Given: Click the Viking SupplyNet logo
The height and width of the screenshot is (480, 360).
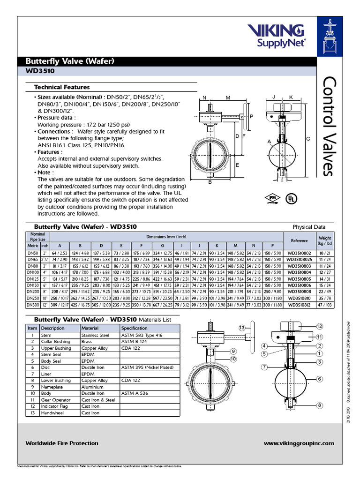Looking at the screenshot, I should [283, 36].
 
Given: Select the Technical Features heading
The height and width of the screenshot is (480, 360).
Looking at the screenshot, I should [62, 87].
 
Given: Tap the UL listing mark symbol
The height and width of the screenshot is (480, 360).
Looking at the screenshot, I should [292, 199].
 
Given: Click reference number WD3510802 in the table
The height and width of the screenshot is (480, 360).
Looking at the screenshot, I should [299, 254].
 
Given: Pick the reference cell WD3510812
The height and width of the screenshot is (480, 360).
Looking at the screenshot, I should [299, 305].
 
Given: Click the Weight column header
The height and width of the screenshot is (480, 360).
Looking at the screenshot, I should [325, 240].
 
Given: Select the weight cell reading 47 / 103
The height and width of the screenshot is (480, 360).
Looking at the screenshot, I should [325, 305].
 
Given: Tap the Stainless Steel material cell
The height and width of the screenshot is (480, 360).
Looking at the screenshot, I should [95, 335].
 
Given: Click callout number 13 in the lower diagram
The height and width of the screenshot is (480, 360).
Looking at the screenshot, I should [242, 327].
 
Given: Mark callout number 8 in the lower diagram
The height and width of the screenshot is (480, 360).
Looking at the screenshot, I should [320, 405].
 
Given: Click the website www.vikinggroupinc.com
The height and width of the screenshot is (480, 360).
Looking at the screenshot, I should [299, 443].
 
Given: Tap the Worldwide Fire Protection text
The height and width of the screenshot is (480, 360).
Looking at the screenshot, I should [62, 443].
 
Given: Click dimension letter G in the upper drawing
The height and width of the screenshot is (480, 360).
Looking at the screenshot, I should [308, 139].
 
